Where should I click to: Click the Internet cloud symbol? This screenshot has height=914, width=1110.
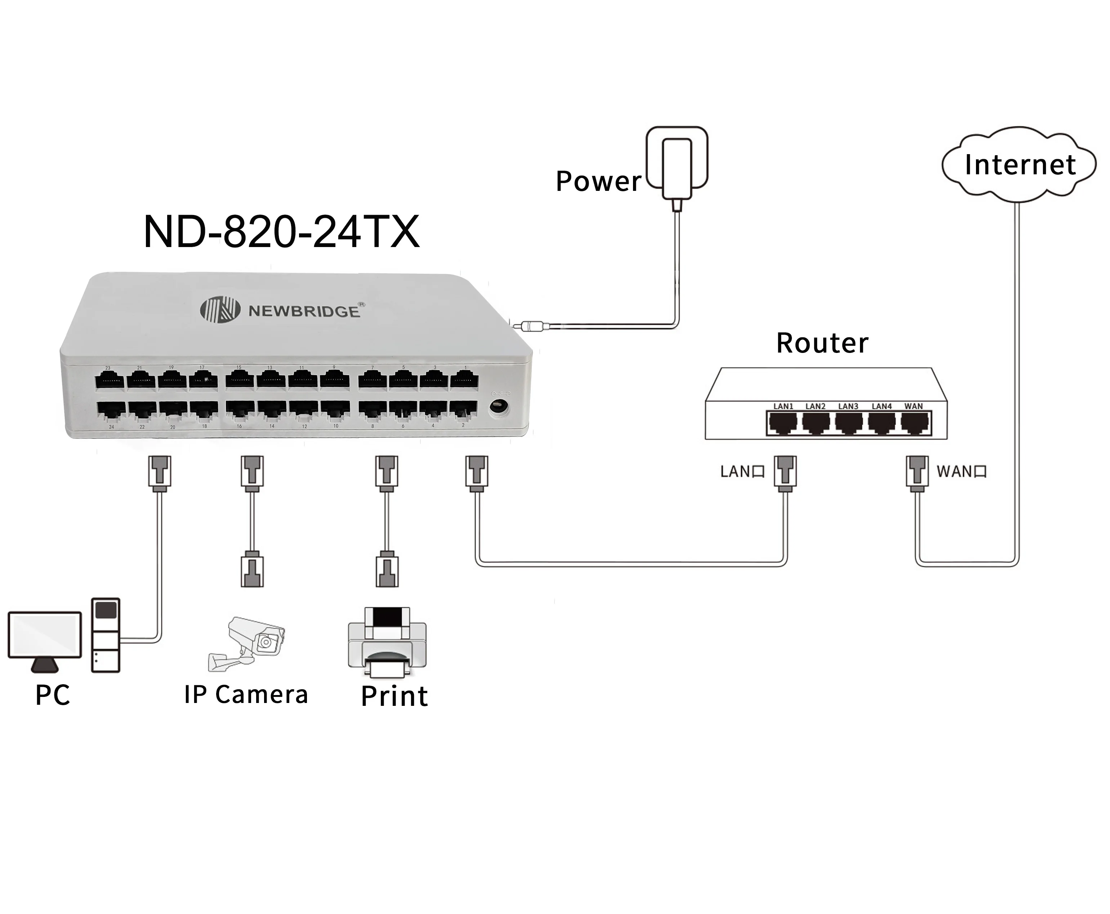tap(1018, 164)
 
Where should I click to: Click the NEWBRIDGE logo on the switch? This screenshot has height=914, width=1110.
tap(282, 310)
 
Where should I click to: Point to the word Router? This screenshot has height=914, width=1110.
tap(822, 343)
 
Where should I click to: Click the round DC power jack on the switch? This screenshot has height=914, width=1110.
tap(498, 407)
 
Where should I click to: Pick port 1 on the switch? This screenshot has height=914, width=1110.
tap(464, 380)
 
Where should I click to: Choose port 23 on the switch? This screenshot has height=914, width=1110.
tap(110, 380)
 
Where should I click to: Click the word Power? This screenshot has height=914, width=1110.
tap(598, 182)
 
